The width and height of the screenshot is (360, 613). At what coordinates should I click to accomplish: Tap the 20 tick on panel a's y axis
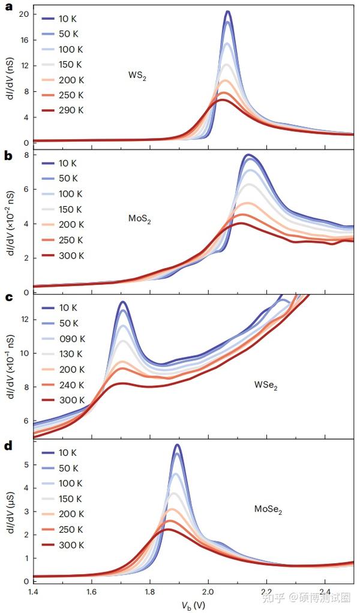click(23, 14)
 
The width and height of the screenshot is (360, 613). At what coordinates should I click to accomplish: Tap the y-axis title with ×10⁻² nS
click(10, 223)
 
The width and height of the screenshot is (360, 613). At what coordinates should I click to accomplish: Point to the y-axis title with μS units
click(10, 513)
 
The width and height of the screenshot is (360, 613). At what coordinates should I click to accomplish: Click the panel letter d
click(8, 446)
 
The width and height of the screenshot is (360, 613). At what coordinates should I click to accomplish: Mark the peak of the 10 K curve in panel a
click(228, 11)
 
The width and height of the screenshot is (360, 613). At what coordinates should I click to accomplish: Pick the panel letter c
click(8, 298)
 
